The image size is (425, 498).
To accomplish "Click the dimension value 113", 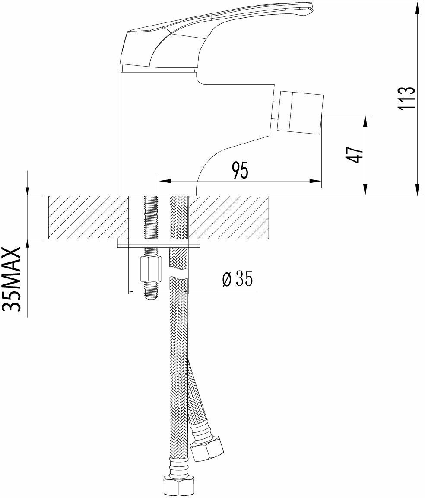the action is (407, 99).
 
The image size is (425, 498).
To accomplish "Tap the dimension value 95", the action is (240, 170).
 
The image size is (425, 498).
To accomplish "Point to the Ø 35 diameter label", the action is (237, 280).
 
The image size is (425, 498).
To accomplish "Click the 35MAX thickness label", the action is (13, 279).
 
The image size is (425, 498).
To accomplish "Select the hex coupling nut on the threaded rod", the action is (150, 269).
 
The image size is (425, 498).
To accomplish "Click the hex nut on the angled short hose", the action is (207, 450).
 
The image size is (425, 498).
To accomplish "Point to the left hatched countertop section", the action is (89, 217).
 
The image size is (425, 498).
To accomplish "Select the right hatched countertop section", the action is (229, 217).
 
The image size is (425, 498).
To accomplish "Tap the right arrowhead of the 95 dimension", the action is (318, 182).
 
